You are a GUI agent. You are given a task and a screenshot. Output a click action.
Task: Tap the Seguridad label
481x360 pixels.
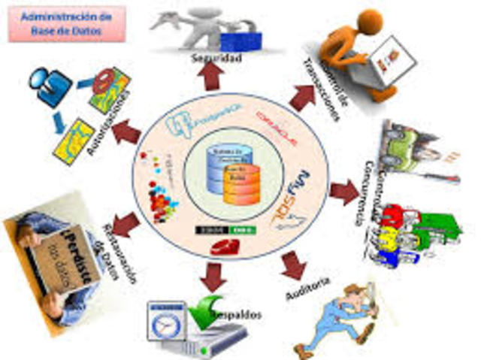tap(216, 57)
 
